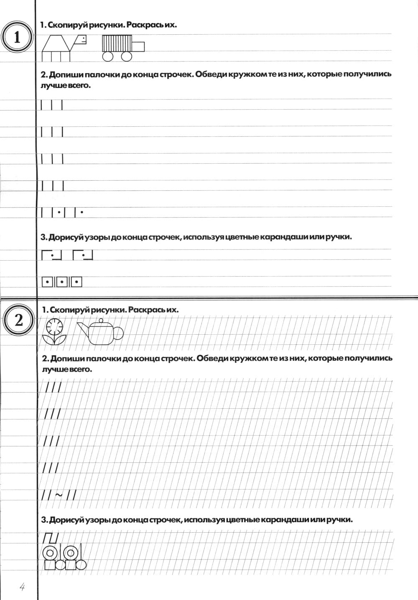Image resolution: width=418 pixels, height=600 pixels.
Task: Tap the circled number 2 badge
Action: tap(19, 321)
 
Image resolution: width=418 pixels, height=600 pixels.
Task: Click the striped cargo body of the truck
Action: tap(117, 43)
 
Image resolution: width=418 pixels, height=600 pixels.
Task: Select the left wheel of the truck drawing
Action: tap(108, 56)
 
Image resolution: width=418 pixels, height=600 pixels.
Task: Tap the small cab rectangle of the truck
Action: tap(138, 46)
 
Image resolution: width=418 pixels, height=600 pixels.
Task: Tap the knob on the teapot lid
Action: tap(100, 321)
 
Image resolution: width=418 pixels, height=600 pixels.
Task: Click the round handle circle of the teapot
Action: tap(118, 333)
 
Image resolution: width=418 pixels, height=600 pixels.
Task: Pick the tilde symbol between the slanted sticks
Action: tap(59, 495)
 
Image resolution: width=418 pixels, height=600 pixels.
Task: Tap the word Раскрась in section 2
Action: tap(147, 310)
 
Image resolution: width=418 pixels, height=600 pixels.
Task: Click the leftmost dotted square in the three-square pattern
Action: tap(48, 282)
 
